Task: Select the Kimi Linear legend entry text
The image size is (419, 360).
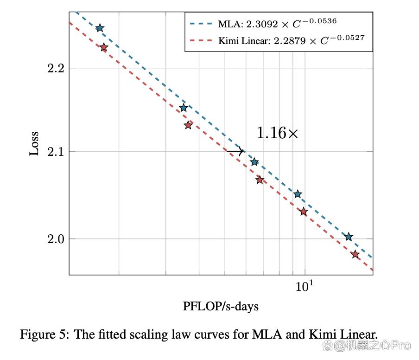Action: (x=288, y=40)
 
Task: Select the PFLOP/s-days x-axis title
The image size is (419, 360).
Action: (x=220, y=306)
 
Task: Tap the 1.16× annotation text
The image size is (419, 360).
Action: (x=277, y=134)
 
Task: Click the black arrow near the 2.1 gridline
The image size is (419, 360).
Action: (x=235, y=151)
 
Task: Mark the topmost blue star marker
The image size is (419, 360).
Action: (x=100, y=28)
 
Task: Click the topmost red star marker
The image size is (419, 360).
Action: (x=104, y=47)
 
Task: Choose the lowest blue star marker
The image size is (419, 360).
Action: (x=349, y=237)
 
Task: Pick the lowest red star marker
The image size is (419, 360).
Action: (x=355, y=254)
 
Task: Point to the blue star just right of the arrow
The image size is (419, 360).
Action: (x=254, y=162)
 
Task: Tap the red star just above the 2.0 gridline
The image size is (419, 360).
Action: (x=304, y=212)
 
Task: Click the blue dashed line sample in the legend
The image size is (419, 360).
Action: (x=201, y=22)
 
